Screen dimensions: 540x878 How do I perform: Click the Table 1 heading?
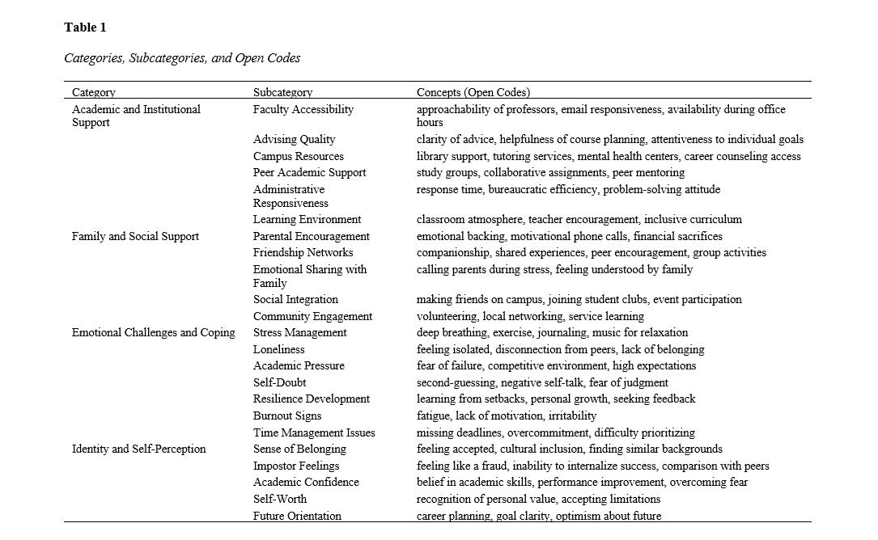coord(85,27)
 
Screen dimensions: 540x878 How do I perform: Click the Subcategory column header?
coord(282,92)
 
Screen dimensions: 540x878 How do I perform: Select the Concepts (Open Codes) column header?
coord(473,92)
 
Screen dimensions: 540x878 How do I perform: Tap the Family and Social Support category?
coord(135,236)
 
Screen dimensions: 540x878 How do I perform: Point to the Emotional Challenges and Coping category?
coord(154,332)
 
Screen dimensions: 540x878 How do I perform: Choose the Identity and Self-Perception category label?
coord(139,449)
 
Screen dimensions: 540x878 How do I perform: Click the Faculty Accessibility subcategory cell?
coord(303,109)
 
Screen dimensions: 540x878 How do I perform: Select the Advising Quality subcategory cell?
coord(294,139)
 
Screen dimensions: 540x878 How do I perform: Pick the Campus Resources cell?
coord(298,156)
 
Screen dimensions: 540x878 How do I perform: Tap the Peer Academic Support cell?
coord(309,172)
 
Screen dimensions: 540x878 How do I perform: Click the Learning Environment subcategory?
coord(307,219)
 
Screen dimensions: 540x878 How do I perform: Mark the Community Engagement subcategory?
coord(312,316)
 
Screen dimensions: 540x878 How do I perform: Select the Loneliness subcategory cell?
coord(279,349)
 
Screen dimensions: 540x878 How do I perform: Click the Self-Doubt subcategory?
coord(279,382)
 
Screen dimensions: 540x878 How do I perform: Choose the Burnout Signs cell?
coord(287,416)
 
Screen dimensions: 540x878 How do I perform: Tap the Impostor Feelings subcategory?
coord(296,466)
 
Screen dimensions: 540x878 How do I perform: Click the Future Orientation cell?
coord(297,516)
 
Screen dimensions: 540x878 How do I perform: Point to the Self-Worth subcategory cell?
coord(280,499)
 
